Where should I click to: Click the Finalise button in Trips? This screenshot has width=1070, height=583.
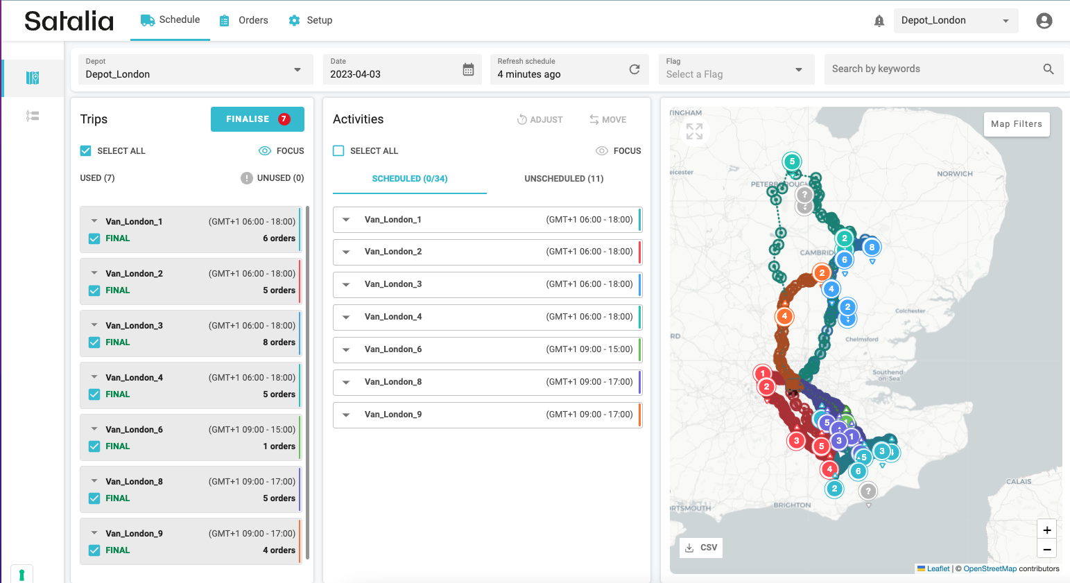coord(257,119)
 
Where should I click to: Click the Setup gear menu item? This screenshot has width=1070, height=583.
coord(310,20)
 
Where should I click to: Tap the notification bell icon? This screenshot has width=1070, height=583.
coord(879,21)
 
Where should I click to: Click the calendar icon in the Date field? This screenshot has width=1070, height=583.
coord(468,69)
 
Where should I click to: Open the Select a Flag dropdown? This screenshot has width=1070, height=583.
coord(736,69)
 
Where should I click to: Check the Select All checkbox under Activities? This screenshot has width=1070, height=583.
coord(338,150)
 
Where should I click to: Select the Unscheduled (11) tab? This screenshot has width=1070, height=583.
coord(564,179)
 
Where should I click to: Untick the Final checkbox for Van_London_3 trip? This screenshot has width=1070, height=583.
coord(94,342)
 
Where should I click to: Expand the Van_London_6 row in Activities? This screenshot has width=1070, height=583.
coord(346,349)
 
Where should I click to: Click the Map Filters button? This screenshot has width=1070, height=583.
coord(1016,124)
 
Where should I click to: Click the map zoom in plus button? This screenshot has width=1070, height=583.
coord(1046,530)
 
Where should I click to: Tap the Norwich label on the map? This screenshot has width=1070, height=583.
coord(954,174)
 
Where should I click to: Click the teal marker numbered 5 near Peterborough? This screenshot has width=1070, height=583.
coord(792,162)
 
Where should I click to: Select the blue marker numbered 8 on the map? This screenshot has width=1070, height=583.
coord(872,247)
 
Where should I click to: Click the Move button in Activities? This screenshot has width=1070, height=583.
coord(607,120)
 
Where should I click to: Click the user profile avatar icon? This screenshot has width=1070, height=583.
coord(1044,21)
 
